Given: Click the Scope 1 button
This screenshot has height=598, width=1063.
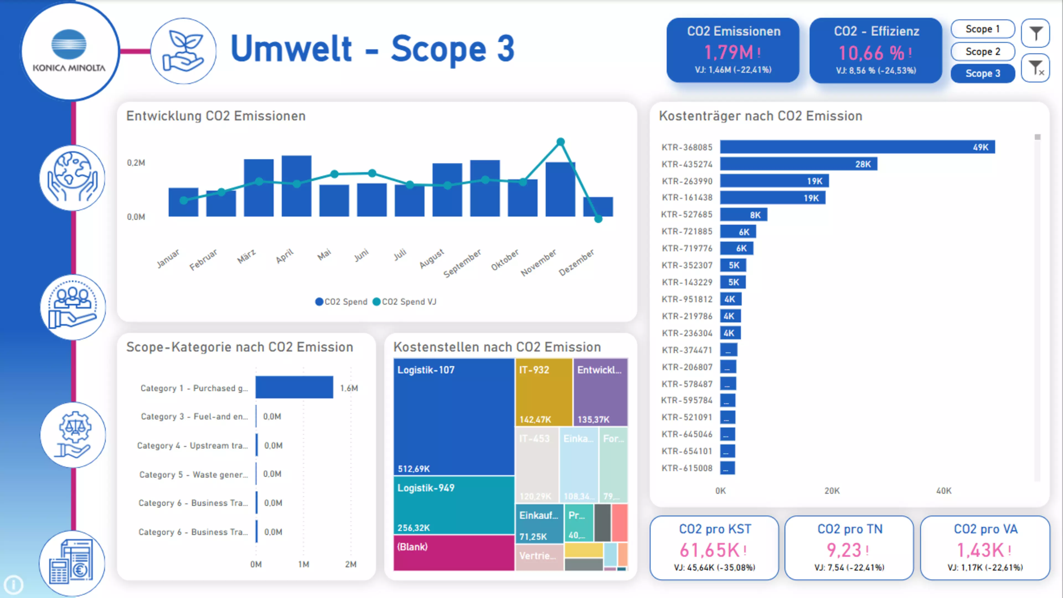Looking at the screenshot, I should (982, 29).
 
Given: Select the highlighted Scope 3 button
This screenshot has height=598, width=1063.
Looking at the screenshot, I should (982, 73).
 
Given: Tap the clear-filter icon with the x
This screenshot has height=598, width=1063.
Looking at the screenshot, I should (1035, 68).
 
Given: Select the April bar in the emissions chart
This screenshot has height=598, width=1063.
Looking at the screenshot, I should (296, 186).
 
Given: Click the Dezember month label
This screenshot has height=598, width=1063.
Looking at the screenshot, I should (576, 262).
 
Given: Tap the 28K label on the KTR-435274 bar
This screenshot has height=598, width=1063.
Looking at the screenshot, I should (863, 164).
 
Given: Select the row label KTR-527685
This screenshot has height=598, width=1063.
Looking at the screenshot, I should (687, 214).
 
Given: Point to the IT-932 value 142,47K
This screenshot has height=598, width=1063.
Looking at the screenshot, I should (535, 420).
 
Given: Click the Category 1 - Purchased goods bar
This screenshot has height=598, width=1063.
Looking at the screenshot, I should (294, 387).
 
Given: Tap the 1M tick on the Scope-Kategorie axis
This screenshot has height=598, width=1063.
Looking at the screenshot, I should (304, 564).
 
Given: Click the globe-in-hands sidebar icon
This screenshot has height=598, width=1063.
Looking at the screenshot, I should (73, 178).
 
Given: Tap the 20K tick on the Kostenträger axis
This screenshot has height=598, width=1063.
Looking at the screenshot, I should (832, 491).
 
